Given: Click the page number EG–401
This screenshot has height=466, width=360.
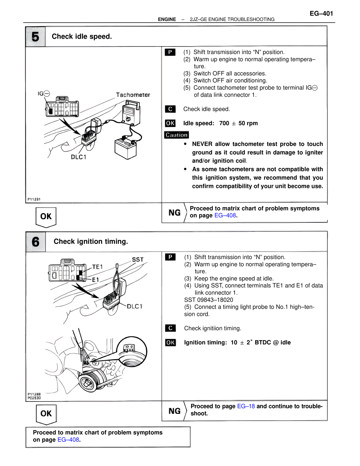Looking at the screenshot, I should pos(321,14).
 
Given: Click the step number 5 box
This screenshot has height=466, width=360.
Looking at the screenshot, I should pos(35,37).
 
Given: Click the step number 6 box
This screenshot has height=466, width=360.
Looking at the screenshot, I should pos(36,242).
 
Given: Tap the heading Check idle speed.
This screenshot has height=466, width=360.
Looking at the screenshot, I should pos(82,37).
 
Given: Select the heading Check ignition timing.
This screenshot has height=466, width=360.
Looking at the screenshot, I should pos(91,241).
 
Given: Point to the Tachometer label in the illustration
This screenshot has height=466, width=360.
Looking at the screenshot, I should pos(133,95).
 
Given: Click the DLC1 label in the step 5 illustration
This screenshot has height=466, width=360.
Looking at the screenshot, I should pos(78,157).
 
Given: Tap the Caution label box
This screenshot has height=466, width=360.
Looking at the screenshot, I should pos(176,135).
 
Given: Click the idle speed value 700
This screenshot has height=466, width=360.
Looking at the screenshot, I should pos(224,123).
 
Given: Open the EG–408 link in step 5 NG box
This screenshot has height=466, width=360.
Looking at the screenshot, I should pos(225,216).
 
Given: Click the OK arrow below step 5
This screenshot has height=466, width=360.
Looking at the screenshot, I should pos(46,217).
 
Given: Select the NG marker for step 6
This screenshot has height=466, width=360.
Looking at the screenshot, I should pos(174,411).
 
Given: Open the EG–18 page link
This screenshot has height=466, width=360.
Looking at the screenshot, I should pos(246,406).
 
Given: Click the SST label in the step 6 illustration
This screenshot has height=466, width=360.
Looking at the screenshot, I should pos(138,259).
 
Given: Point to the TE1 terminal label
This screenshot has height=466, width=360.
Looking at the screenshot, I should pos(97,267).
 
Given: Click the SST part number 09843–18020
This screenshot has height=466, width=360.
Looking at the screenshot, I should pos(209,300).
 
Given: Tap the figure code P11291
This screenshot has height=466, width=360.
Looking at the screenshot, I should pos(34,199).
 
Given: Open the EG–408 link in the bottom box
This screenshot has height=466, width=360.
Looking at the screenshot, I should pos(68,440).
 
